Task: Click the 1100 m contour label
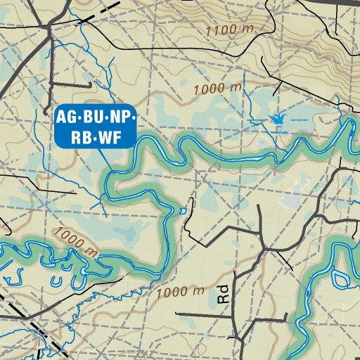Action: coord(230,30)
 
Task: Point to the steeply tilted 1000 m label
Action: coord(75,241)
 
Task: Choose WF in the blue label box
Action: coord(109,138)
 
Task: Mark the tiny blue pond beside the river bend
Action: coord(184,210)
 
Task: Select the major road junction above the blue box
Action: coord(49,26)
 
